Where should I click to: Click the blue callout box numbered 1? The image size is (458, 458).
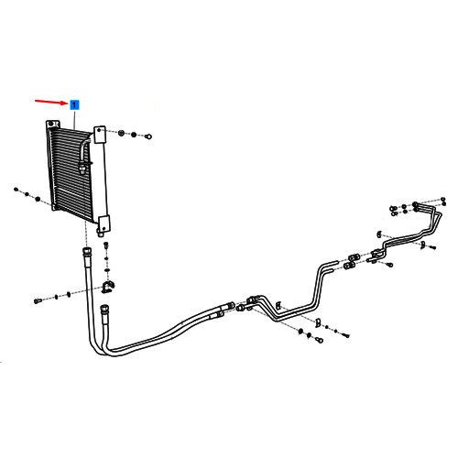[x=74, y=105]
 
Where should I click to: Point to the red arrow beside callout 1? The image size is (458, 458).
[x=52, y=102]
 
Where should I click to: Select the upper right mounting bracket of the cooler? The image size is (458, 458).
[x=99, y=135]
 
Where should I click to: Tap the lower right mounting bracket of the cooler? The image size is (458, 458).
[x=104, y=224]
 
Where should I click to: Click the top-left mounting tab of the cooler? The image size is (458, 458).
[x=53, y=125]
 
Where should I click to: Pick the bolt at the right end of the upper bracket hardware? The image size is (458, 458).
[x=148, y=136]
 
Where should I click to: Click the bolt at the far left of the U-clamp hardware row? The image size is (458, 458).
[x=38, y=301]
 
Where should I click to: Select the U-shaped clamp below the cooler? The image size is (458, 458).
[x=107, y=288]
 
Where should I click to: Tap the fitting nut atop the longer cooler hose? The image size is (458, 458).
[x=86, y=252]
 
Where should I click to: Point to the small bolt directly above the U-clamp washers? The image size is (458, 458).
[x=106, y=245]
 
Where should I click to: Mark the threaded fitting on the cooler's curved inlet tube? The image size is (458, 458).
[x=82, y=168]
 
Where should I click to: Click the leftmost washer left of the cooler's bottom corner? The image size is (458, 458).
[x=16, y=190]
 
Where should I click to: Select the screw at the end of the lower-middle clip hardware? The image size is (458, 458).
[x=346, y=335]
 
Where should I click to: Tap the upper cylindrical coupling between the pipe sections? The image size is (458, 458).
[x=354, y=256]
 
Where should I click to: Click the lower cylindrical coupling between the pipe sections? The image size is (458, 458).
[x=349, y=266]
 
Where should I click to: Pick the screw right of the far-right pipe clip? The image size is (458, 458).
[x=433, y=247]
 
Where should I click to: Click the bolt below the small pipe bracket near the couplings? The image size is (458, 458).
[x=389, y=265]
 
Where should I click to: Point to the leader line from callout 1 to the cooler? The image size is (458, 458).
[x=74, y=119]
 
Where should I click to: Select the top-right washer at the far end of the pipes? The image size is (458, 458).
[x=443, y=199]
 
